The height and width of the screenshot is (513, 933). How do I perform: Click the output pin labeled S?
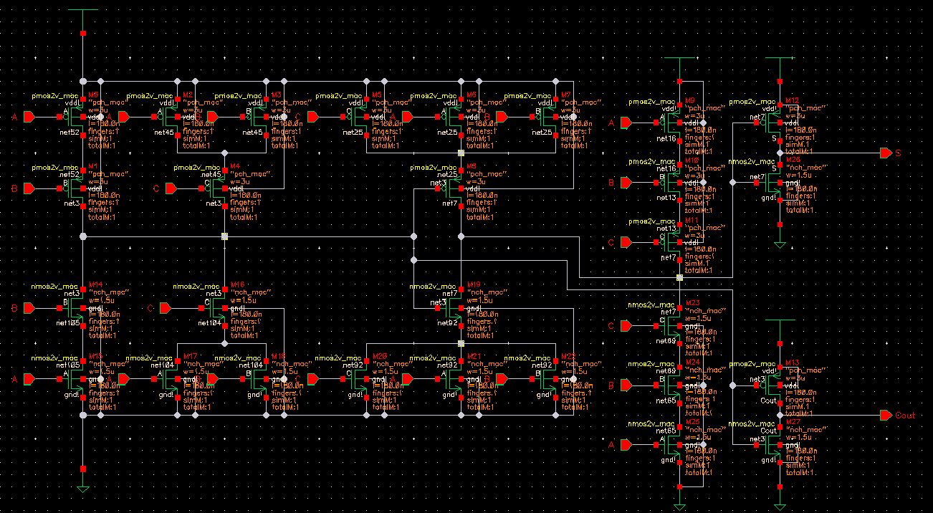pos(886,153)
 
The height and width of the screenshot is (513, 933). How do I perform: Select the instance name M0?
pos(93,95)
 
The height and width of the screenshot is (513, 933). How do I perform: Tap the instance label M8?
pos(472,166)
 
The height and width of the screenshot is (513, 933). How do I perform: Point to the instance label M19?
pos(474,284)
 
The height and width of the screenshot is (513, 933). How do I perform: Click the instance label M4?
pos(234,166)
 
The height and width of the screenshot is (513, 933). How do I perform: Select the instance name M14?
pos(94,284)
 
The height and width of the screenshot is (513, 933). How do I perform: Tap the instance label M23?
pos(692,303)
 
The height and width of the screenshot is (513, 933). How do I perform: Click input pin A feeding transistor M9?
pos(626,123)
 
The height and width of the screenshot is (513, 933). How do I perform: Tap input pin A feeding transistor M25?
pos(626,445)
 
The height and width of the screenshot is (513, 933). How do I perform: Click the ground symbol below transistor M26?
pos(780,245)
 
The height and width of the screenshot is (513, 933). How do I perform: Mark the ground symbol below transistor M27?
pos(780,506)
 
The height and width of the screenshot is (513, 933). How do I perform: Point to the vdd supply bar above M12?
pos(780,58)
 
